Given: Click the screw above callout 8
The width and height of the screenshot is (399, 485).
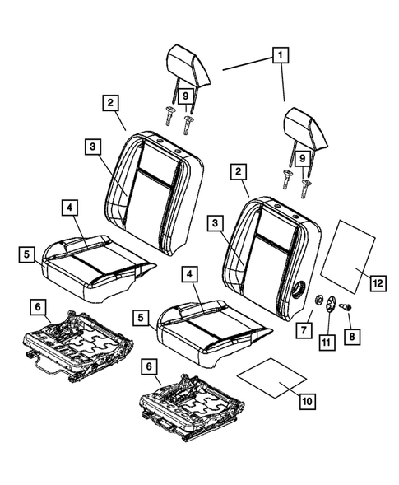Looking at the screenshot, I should pyautogui.click(x=347, y=307).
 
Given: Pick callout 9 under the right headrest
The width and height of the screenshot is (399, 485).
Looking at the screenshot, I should pyautogui.click(x=304, y=156).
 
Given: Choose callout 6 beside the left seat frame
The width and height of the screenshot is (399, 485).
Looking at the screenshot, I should pyautogui.click(x=38, y=306).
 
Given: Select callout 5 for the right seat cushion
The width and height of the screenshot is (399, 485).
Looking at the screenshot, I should pyautogui.click(x=142, y=315).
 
